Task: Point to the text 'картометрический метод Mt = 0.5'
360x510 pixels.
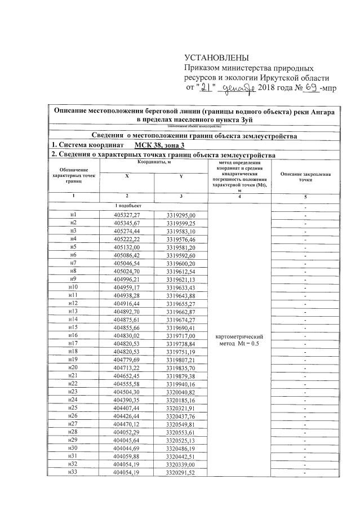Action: tap(240, 340)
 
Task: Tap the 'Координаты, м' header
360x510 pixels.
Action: tap(153, 162)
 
